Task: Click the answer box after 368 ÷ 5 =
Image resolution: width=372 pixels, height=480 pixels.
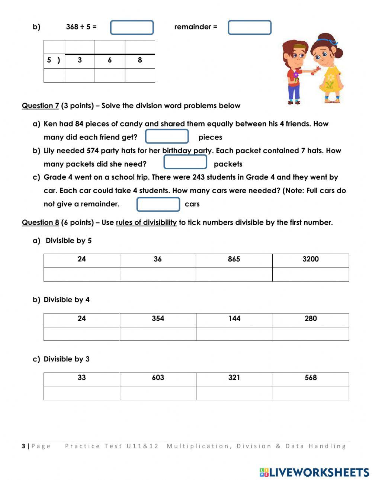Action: pos(132,28)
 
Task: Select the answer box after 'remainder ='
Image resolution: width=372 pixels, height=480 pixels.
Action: pos(249,28)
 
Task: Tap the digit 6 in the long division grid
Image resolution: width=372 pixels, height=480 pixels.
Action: pos(110,60)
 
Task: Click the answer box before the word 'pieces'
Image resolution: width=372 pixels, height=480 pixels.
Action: pos(167,136)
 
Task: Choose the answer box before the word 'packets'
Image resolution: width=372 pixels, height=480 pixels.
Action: pos(185,162)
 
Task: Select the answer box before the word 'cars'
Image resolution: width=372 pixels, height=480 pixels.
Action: pos(158,204)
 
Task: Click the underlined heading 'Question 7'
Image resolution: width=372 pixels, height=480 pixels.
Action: pos(40,106)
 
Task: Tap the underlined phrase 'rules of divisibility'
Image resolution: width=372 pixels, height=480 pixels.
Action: pos(146,222)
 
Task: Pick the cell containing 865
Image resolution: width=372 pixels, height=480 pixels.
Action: pos(234,260)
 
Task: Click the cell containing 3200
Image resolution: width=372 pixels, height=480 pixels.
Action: pos(311,260)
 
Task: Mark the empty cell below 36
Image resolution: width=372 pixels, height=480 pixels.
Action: pos(158,274)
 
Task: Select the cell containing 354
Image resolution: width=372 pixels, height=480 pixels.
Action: pos(158,319)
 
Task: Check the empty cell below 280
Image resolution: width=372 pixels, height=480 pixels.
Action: pos(311,334)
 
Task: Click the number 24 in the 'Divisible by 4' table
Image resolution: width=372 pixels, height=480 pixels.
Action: pos(81,319)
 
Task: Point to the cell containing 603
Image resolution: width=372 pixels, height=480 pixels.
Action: pos(158,378)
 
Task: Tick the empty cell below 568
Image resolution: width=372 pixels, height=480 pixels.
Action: pos(311,393)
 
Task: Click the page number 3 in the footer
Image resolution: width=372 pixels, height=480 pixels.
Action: pos(24,446)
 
